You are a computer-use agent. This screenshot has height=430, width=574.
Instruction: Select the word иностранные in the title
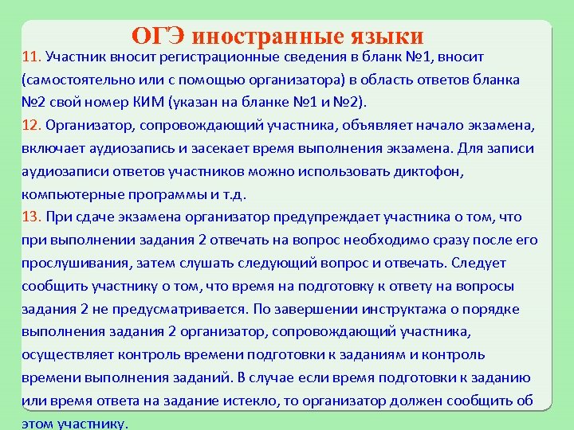(261, 37)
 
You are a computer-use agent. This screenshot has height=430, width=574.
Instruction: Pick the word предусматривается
(178, 309)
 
